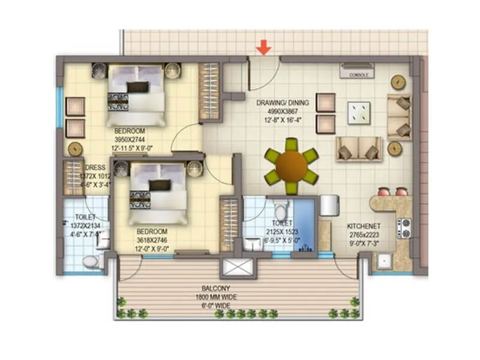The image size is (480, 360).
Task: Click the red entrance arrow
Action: point(263,47)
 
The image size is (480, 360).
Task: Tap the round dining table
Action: point(293,166)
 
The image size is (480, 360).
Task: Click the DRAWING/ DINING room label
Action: point(283,103)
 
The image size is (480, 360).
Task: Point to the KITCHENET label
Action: point(364,226)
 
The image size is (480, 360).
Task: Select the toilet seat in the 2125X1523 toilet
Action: point(280,211)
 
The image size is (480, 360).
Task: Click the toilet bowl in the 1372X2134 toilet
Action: point(91,262)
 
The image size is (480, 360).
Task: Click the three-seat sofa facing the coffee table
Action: point(359,149)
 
